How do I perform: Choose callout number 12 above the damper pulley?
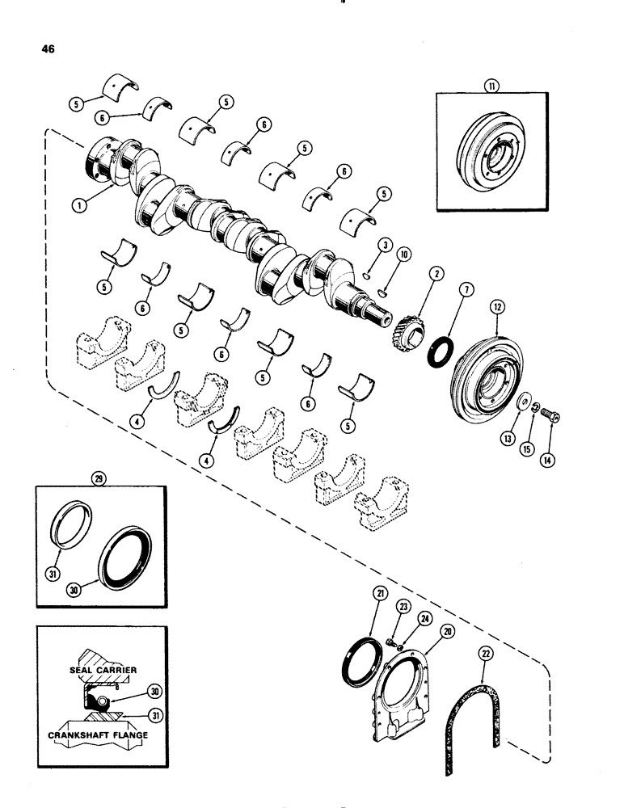(497, 307)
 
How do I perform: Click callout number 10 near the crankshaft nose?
(403, 254)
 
